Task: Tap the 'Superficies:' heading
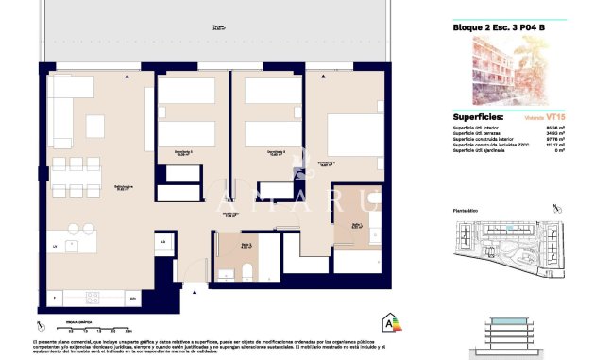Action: click(x=478, y=117)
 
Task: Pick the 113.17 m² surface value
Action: click(x=554, y=145)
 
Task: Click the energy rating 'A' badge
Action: click(x=387, y=322)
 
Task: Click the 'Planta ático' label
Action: click(x=467, y=212)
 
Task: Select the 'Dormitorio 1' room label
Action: click(x=328, y=163)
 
